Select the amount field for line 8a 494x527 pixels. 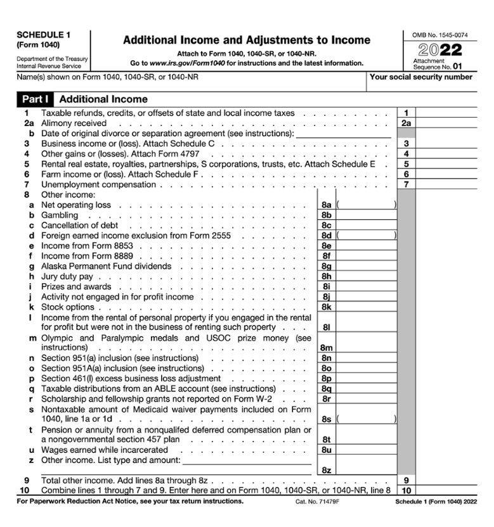367,205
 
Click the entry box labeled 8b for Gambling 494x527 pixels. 367,215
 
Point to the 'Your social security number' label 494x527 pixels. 420,77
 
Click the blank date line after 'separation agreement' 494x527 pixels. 343,134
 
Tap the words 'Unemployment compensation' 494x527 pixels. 98,184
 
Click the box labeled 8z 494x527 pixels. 367,469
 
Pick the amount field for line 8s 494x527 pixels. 367,419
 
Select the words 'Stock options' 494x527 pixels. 68,307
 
